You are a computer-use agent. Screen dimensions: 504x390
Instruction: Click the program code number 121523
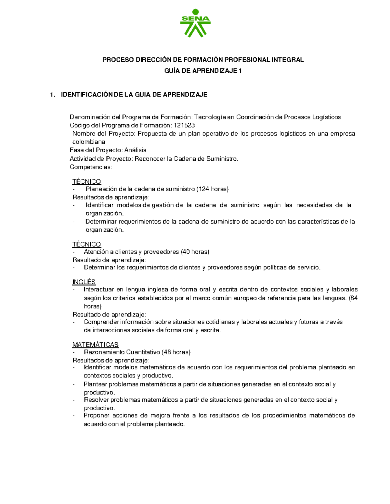(184, 125)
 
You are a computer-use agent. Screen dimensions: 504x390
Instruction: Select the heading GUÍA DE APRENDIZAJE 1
(203, 71)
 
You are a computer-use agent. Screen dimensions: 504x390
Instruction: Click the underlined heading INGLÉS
(84, 282)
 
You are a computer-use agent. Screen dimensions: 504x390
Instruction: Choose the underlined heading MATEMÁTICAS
(95, 344)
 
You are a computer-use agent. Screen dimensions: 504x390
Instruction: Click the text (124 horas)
(213, 189)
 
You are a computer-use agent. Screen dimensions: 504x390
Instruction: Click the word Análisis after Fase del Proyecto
(136, 150)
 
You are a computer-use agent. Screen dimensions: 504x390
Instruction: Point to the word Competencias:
(91, 167)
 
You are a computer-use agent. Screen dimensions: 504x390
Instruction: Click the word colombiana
(89, 142)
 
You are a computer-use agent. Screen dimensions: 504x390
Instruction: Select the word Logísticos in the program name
(326, 117)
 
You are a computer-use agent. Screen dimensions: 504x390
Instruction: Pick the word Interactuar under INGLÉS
(99, 289)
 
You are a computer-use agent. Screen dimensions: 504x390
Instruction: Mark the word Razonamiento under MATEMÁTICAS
(104, 352)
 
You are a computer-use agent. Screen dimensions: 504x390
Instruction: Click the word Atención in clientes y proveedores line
(96, 252)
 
